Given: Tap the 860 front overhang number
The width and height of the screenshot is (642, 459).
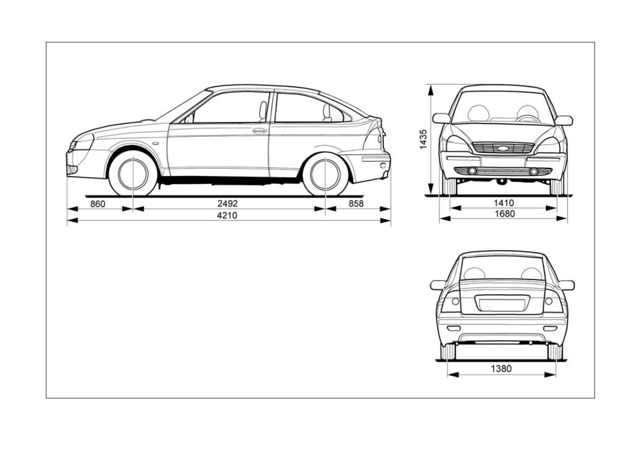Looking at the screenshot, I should click(x=98, y=203).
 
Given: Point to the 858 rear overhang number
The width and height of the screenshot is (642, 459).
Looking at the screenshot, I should click(x=356, y=203).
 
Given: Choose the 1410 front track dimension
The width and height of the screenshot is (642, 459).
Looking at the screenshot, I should click(x=503, y=203).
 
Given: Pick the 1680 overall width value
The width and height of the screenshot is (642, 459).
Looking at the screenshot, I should click(x=503, y=214).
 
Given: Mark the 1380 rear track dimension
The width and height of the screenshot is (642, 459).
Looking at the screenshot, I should click(x=501, y=369).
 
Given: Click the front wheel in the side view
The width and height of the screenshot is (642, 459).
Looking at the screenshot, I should click(x=133, y=174).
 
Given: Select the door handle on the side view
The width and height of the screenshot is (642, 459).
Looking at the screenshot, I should click(x=260, y=131).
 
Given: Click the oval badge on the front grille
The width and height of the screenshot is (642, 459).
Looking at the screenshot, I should click(x=503, y=148).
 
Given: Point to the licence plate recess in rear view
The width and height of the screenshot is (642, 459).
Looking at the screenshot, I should click(x=503, y=303).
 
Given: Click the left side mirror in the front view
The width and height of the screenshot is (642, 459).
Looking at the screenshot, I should click(x=441, y=118).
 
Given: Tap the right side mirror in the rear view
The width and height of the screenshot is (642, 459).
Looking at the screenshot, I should click(x=566, y=285).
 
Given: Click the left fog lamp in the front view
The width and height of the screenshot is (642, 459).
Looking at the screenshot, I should click(x=472, y=171).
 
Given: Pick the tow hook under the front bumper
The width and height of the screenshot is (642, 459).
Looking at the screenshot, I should click(x=500, y=182).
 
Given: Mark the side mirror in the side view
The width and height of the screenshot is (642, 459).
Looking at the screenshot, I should click(x=189, y=118).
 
